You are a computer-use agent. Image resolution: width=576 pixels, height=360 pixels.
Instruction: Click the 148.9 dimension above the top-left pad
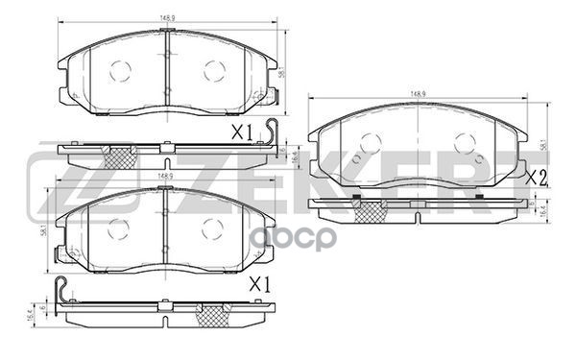(165, 13)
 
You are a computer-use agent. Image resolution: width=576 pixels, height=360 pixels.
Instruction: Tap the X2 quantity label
(537, 177)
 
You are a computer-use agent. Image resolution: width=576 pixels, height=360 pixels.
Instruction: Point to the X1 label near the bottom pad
(258, 284)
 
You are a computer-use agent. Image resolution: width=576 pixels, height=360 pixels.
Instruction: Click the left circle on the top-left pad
(121, 69)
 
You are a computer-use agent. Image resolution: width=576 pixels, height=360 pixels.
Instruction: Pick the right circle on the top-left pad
(213, 69)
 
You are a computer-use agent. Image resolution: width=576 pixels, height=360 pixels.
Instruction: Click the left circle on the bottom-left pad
(118, 228)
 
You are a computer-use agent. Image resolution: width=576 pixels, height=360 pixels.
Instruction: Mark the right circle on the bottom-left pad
(212, 228)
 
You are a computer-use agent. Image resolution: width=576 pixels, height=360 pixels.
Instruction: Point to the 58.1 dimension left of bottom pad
(44, 228)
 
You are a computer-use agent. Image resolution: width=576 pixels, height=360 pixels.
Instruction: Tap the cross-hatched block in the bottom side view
(212, 313)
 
